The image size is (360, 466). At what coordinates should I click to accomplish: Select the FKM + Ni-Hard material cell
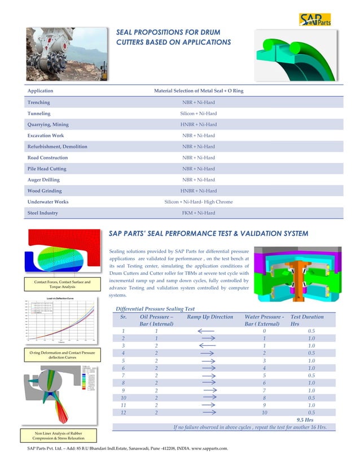[198, 213]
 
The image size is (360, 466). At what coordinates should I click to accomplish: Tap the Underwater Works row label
[48, 201]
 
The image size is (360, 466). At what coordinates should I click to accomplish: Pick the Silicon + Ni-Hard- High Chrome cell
[198, 201]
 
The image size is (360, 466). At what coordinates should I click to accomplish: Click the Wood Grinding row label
[45, 191]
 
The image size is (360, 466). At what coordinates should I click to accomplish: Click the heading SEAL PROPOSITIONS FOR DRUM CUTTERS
[173, 37]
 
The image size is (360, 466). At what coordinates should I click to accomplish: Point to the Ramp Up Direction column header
[210, 317]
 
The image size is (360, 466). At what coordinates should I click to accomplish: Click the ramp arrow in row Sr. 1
[208, 331]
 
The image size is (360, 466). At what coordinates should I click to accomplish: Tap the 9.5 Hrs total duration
[305, 419]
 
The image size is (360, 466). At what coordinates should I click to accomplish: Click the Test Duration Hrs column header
[307, 320]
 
